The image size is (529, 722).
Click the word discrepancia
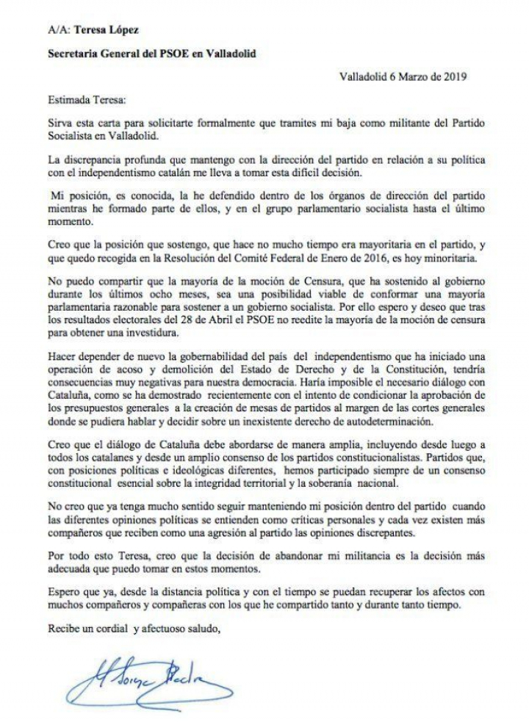click(x=96, y=160)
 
